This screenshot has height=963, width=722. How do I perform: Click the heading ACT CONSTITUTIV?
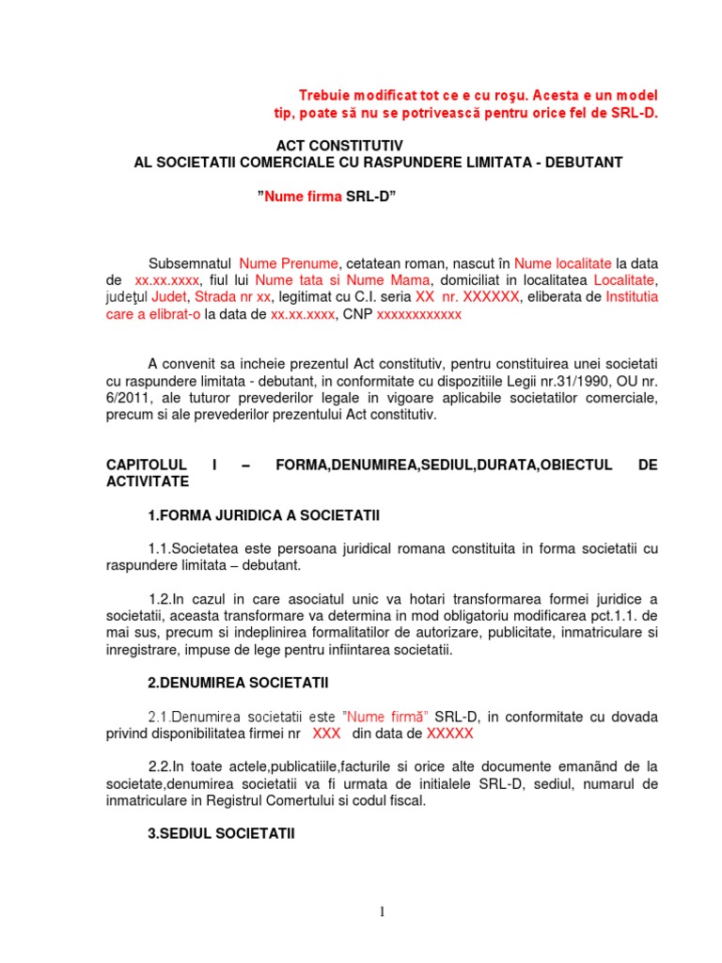point(338,146)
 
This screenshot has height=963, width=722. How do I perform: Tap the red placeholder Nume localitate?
point(563,263)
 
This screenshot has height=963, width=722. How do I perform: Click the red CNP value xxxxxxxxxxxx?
point(418,314)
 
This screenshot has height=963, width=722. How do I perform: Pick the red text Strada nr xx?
point(232,297)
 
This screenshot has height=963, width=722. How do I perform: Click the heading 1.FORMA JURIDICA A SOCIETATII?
point(263,515)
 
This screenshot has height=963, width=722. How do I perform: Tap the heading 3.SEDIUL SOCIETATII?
point(221,832)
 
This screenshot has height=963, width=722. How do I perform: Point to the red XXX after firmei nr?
point(325,734)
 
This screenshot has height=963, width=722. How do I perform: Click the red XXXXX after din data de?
point(449,734)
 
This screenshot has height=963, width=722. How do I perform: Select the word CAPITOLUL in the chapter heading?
point(148,465)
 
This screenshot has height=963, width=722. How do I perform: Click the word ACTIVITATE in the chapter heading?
point(148,481)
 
